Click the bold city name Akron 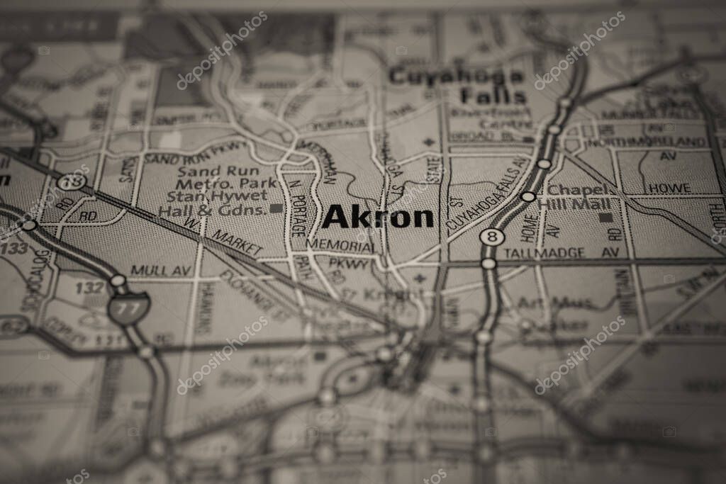[x=377, y=218]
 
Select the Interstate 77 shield [x=128, y=308]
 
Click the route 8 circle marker [x=492, y=236]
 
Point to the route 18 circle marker [x=73, y=182]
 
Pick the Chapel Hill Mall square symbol [x=605, y=217]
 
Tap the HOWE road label [x=669, y=188]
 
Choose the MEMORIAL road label [x=340, y=245]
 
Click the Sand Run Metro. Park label [x=216, y=178]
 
